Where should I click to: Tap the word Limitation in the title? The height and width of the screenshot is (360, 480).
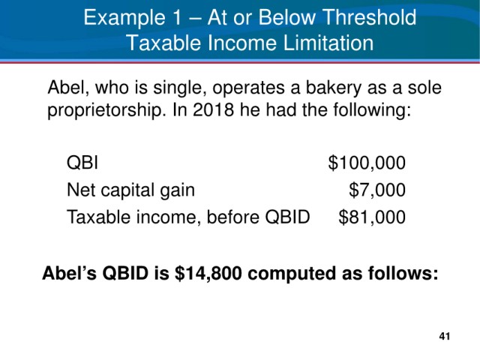[x=328, y=43]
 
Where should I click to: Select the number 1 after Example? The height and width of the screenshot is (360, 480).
[x=177, y=17]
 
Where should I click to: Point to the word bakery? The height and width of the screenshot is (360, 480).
[x=334, y=88]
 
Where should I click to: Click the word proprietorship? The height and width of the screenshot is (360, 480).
[x=104, y=110]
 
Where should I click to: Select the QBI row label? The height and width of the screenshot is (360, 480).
[x=82, y=162]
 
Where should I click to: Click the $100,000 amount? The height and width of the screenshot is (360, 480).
[x=367, y=163]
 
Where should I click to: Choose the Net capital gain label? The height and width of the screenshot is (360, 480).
[x=130, y=190]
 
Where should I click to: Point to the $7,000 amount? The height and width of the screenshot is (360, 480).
[x=377, y=190]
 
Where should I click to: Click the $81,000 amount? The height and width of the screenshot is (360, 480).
[x=372, y=217]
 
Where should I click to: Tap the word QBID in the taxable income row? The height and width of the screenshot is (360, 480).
[x=287, y=217]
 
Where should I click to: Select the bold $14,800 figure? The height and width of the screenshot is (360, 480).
[x=208, y=273]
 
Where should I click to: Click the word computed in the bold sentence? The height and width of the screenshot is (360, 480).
[x=292, y=274]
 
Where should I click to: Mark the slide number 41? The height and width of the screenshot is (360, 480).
[x=445, y=336]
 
